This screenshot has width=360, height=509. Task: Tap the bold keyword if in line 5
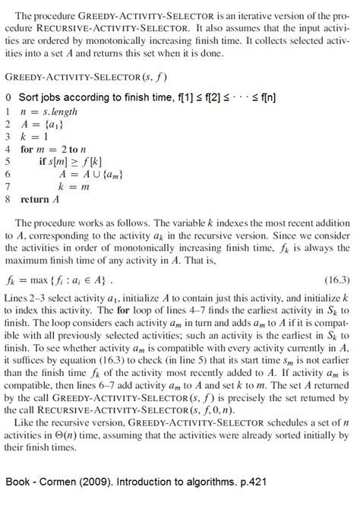click(43, 162)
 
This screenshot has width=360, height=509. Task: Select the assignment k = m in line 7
click(72, 186)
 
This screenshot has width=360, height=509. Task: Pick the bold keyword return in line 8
click(35, 201)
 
